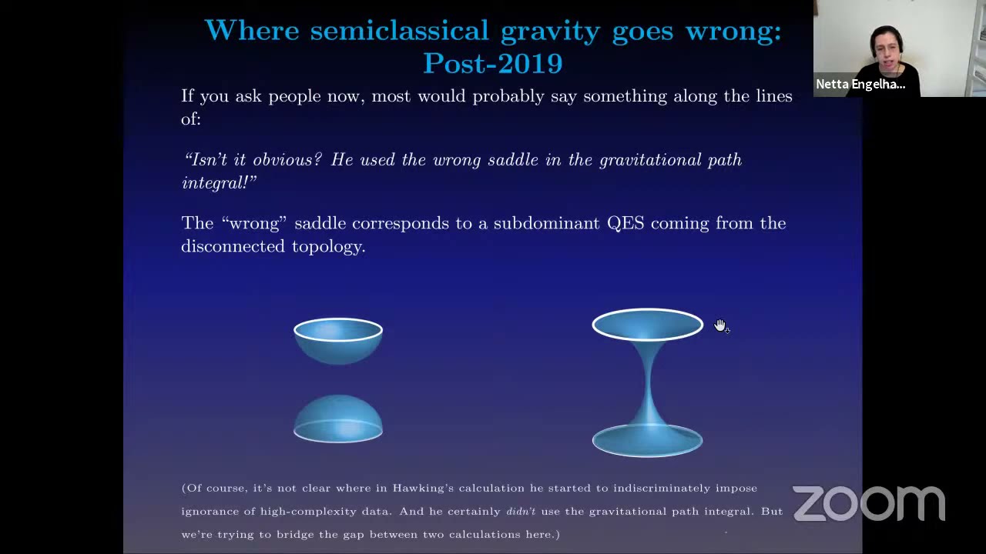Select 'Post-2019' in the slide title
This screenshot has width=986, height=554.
click(x=493, y=64)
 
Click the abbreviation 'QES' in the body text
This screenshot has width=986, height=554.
click(x=625, y=223)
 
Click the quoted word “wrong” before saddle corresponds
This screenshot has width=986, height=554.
click(x=254, y=223)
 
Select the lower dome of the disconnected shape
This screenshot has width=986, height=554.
click(x=338, y=419)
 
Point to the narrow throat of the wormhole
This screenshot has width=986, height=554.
click(x=648, y=381)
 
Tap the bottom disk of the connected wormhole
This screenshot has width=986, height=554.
click(x=647, y=441)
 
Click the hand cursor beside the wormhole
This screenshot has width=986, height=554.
click(x=720, y=326)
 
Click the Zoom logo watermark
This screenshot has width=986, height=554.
click(x=868, y=504)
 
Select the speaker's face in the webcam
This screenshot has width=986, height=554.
click(x=887, y=48)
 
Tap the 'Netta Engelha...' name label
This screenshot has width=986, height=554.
click(x=860, y=85)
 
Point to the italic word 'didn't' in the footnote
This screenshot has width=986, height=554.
click(x=521, y=511)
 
